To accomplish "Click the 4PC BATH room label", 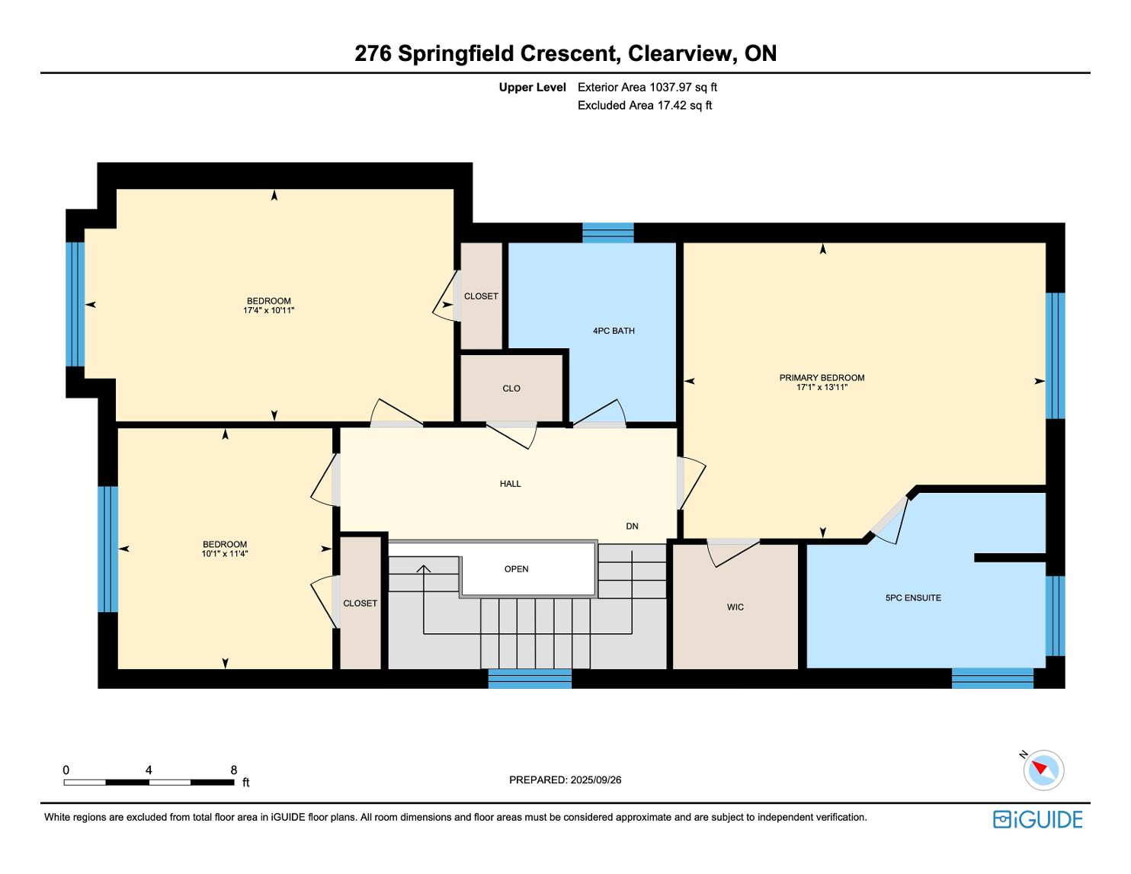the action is (614, 331).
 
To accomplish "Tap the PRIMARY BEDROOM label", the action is (822, 378).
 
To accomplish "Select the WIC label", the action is (735, 607).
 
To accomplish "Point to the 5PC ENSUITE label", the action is (914, 598).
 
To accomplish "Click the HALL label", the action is (510, 484).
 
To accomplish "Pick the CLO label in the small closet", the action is (511, 389).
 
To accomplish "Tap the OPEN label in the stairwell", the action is (516, 569).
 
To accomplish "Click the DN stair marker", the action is (632, 527).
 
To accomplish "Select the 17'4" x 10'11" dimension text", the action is (268, 311).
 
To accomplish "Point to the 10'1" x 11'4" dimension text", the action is (225, 554).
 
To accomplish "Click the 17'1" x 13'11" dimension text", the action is (822, 388).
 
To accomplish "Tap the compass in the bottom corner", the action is (1043, 770).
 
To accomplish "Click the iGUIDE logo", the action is (1038, 819).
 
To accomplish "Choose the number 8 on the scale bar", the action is (234, 770).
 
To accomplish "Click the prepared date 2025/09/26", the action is (596, 780).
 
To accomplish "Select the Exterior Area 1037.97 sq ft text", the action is (648, 88).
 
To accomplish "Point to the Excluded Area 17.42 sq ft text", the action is (645, 106).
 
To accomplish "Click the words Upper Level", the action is (533, 88).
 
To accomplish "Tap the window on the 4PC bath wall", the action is (608, 232).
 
